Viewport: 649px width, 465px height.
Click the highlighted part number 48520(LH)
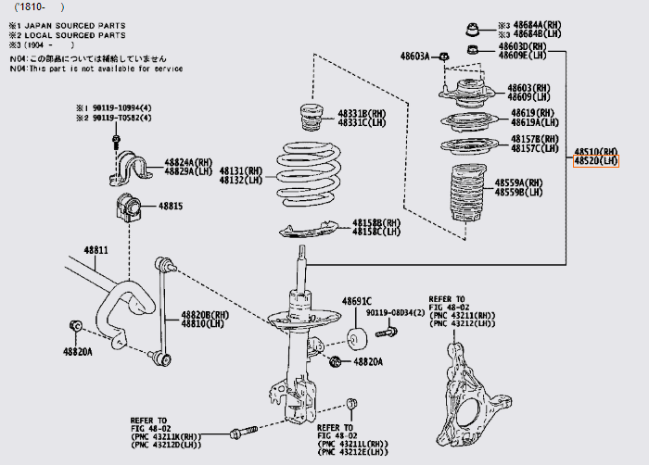pos(595,160)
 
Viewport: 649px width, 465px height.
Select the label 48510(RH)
pos(595,150)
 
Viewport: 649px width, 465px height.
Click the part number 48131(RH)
pos(241,171)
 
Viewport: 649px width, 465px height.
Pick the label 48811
pos(95,250)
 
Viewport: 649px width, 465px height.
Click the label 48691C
pos(356,302)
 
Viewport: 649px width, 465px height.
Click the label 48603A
pos(414,57)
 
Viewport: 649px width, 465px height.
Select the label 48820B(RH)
pos(205,314)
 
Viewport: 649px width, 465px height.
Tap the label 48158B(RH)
pos(376,222)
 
